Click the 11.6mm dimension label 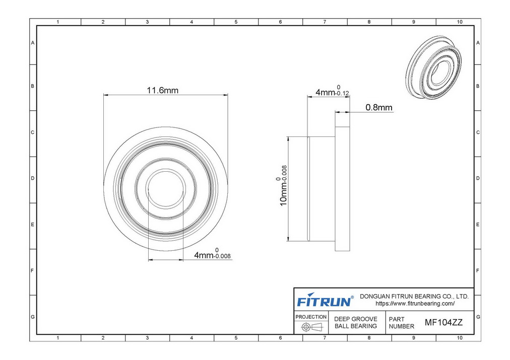click(x=163, y=90)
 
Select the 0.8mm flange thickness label click(x=379, y=107)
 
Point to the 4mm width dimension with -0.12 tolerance click(x=332, y=91)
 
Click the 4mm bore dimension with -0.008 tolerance click(x=212, y=254)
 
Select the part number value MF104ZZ click(x=443, y=323)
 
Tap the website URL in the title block click(x=415, y=304)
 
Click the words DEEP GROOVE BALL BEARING click(x=356, y=323)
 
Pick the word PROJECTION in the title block click(x=311, y=317)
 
